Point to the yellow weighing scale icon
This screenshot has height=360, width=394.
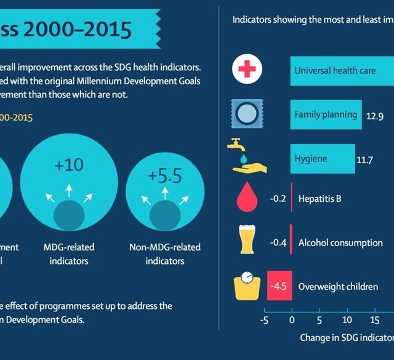click(x=249, y=285)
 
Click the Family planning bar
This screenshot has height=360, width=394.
click(x=325, y=114)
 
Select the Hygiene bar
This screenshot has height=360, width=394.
click(x=321, y=158)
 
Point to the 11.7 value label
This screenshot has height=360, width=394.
click(x=365, y=161)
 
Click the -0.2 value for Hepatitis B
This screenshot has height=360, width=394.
click(x=277, y=199)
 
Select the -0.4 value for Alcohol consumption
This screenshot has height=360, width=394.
click(x=278, y=242)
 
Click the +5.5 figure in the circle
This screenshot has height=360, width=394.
click(x=164, y=176)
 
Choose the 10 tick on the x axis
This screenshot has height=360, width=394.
click(x=347, y=320)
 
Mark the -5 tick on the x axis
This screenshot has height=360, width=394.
click(x=264, y=320)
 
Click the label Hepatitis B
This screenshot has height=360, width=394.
click(x=320, y=199)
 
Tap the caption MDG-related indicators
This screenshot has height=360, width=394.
click(x=69, y=254)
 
